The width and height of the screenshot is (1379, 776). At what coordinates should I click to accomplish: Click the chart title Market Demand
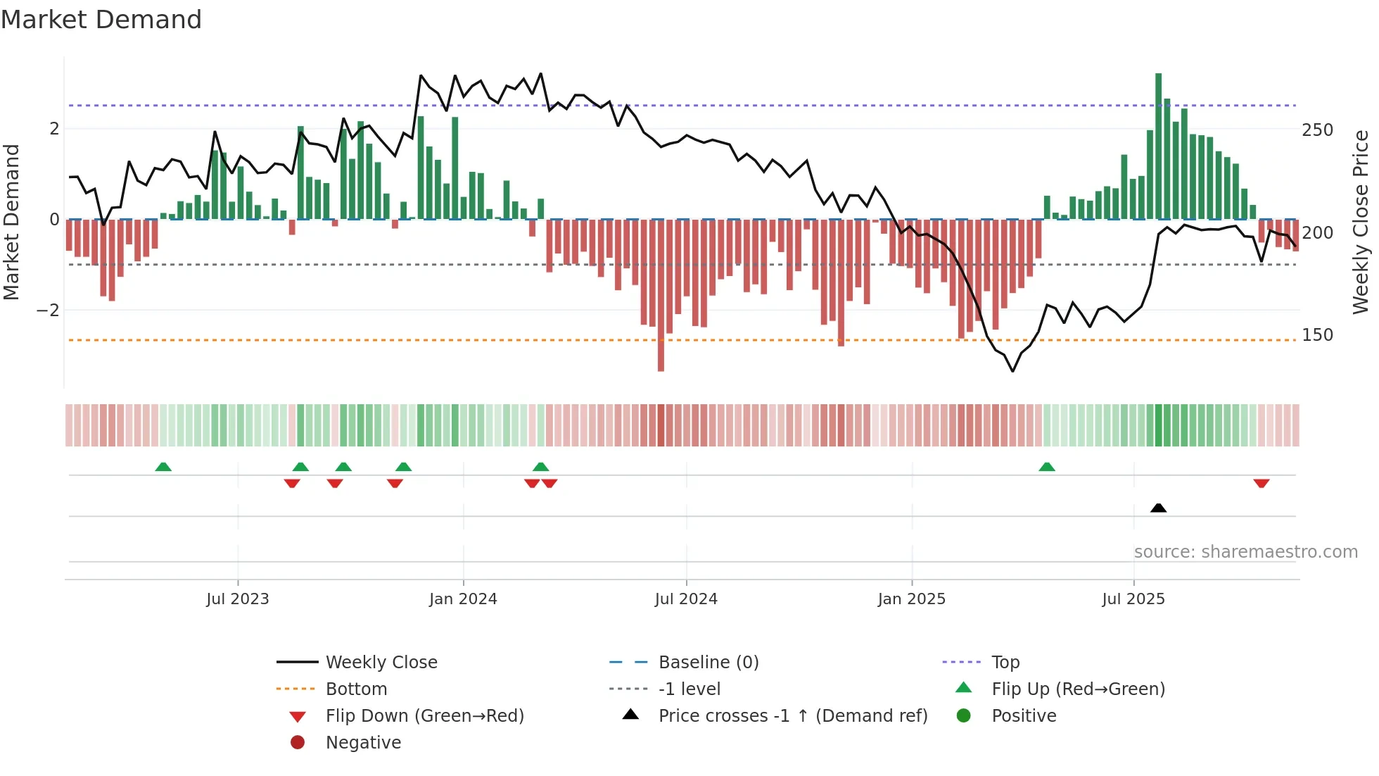(101, 20)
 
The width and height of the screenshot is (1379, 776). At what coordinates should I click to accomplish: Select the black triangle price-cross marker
(1158, 508)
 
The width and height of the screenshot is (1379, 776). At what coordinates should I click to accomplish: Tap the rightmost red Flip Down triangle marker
(1261, 484)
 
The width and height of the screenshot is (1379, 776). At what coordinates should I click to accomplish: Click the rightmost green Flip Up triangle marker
(1047, 467)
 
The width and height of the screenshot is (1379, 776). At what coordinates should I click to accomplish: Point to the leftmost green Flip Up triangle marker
(163, 467)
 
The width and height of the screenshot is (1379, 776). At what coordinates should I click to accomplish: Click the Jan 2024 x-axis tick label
(463, 599)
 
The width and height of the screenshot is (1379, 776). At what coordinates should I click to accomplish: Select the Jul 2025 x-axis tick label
(1133, 599)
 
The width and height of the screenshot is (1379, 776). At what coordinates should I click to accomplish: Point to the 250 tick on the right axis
(1317, 130)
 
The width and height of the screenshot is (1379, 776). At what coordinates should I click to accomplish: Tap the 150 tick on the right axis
(1317, 335)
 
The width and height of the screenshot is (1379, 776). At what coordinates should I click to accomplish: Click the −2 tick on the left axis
(48, 311)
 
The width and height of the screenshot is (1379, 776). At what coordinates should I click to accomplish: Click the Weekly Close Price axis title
(1361, 222)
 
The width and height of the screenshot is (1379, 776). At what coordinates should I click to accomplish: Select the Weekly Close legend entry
(381, 663)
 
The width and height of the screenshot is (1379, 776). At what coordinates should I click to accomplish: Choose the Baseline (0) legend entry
(708, 663)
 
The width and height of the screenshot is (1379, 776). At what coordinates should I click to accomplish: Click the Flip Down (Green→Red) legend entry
(424, 716)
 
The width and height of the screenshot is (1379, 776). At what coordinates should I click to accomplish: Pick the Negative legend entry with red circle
(363, 743)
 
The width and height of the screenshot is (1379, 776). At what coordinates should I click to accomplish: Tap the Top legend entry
(1005, 663)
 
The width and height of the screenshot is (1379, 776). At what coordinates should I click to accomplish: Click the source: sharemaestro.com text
(1245, 552)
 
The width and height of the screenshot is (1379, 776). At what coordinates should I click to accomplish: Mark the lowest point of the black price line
(1013, 371)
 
